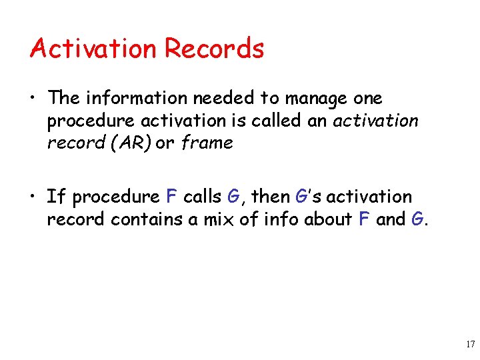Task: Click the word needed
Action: pyautogui.click(x=225, y=99)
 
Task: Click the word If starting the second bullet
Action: pyautogui.click(x=56, y=197)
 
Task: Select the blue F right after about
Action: pyautogui.click(x=365, y=219)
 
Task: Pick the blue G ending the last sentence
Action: pyautogui.click(x=417, y=219)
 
